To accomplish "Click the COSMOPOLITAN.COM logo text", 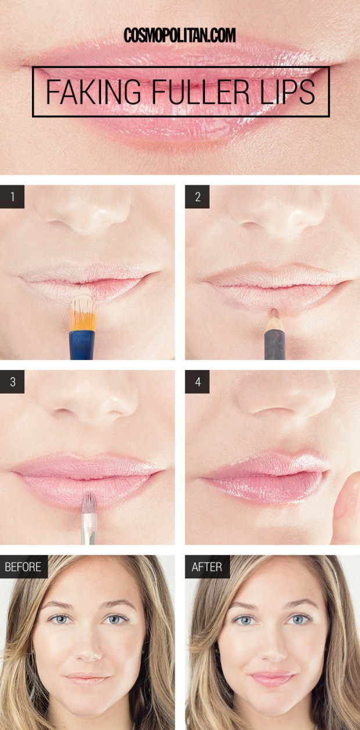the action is pos(180,35).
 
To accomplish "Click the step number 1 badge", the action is pos(12,196).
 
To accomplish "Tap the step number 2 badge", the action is pos(197,196).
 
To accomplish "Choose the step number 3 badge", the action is pos(12,382).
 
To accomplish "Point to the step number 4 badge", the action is pos(197,382).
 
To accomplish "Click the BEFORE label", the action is pos(23,567).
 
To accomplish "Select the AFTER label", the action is pos(207,567).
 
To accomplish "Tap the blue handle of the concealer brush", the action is pos(81,346).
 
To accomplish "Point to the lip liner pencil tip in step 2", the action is pos(274,312).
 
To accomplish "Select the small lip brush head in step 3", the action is pos(89,503).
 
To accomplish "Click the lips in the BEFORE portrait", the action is pos(87,678).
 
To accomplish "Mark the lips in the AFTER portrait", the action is pos(272,678).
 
